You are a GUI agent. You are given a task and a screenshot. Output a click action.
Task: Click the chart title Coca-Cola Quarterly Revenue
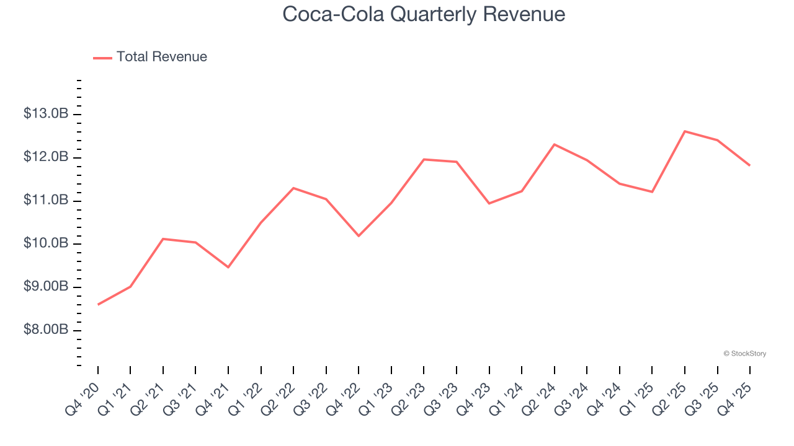[x=424, y=14]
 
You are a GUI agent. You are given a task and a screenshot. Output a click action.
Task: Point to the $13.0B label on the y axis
[x=45, y=114]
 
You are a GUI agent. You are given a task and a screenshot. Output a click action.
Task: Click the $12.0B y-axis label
[x=45, y=157]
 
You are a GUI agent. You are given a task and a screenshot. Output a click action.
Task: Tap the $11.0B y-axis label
[x=45, y=200]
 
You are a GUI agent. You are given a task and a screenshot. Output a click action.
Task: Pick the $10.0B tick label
[x=45, y=243]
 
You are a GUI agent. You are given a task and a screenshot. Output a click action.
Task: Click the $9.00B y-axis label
[x=45, y=287]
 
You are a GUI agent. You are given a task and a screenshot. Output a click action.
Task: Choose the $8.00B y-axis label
[x=45, y=330]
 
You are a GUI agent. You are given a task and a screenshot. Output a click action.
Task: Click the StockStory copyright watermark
[x=744, y=354]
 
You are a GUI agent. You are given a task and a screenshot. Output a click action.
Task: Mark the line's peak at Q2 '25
[x=685, y=131]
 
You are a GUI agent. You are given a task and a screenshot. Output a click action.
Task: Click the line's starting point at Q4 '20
[x=98, y=304]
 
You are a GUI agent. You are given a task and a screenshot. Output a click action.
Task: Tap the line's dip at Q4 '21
[x=228, y=267]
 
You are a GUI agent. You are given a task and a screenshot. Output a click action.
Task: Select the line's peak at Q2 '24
[x=554, y=144]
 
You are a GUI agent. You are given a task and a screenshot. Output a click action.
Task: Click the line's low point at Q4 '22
[x=359, y=236]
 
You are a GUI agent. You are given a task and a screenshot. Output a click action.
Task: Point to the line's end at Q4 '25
[x=750, y=165]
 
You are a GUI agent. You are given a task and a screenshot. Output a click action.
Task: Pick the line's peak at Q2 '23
[x=424, y=159]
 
